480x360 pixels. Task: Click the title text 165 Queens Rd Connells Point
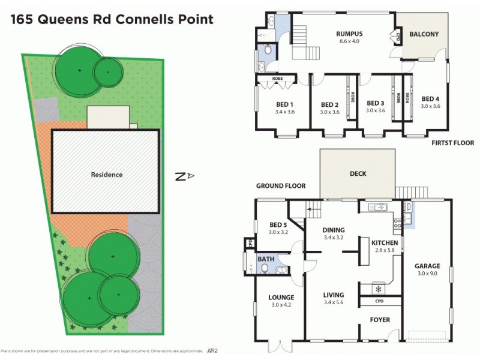(111, 19)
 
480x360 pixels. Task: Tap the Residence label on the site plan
(107, 175)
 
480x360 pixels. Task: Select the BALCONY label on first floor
(424, 34)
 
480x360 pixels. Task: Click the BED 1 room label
(283, 103)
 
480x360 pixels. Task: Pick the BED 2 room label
(330, 103)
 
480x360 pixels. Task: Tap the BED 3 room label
(375, 103)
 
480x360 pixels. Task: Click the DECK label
(358, 174)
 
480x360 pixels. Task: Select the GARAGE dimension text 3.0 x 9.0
(426, 274)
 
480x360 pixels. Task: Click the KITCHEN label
(384, 243)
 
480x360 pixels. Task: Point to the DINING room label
(334, 229)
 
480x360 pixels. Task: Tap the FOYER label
(380, 320)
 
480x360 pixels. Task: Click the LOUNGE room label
(281, 297)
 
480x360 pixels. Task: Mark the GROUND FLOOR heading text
(281, 186)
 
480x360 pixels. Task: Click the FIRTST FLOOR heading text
(453, 143)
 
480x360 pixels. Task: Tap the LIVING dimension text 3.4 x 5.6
(334, 303)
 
